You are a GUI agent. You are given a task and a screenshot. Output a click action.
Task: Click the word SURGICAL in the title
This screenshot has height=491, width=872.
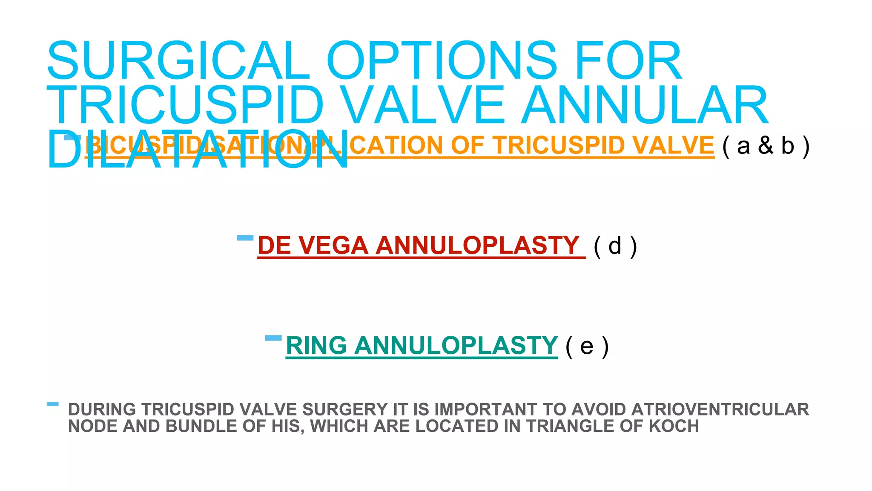[x=178, y=61]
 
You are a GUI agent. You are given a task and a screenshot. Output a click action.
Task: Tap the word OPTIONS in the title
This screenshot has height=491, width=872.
[x=442, y=61]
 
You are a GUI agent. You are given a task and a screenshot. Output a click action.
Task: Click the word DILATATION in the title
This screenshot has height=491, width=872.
[x=198, y=149]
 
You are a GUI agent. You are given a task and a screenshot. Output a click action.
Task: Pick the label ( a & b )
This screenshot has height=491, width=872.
[x=766, y=146]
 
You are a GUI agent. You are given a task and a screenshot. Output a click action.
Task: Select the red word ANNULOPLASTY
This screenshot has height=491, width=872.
[x=477, y=245]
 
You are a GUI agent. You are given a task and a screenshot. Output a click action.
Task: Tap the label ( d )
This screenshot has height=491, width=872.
[x=615, y=246]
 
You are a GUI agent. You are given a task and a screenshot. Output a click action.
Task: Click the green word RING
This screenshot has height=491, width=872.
[x=316, y=345]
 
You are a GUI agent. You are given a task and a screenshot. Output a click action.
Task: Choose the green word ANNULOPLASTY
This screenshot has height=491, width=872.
[x=456, y=345]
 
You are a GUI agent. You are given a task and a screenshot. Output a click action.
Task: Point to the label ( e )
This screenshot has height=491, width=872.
[x=587, y=346]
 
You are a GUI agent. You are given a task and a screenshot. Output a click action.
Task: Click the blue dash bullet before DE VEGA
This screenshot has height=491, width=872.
[x=245, y=238]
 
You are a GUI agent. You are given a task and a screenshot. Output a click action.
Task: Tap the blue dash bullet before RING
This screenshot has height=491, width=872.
[x=273, y=338]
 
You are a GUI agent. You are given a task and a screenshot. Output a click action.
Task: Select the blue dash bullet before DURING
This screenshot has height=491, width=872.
[x=53, y=404]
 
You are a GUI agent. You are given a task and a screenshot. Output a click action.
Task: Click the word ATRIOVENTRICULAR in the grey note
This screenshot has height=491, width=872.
[x=720, y=409]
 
